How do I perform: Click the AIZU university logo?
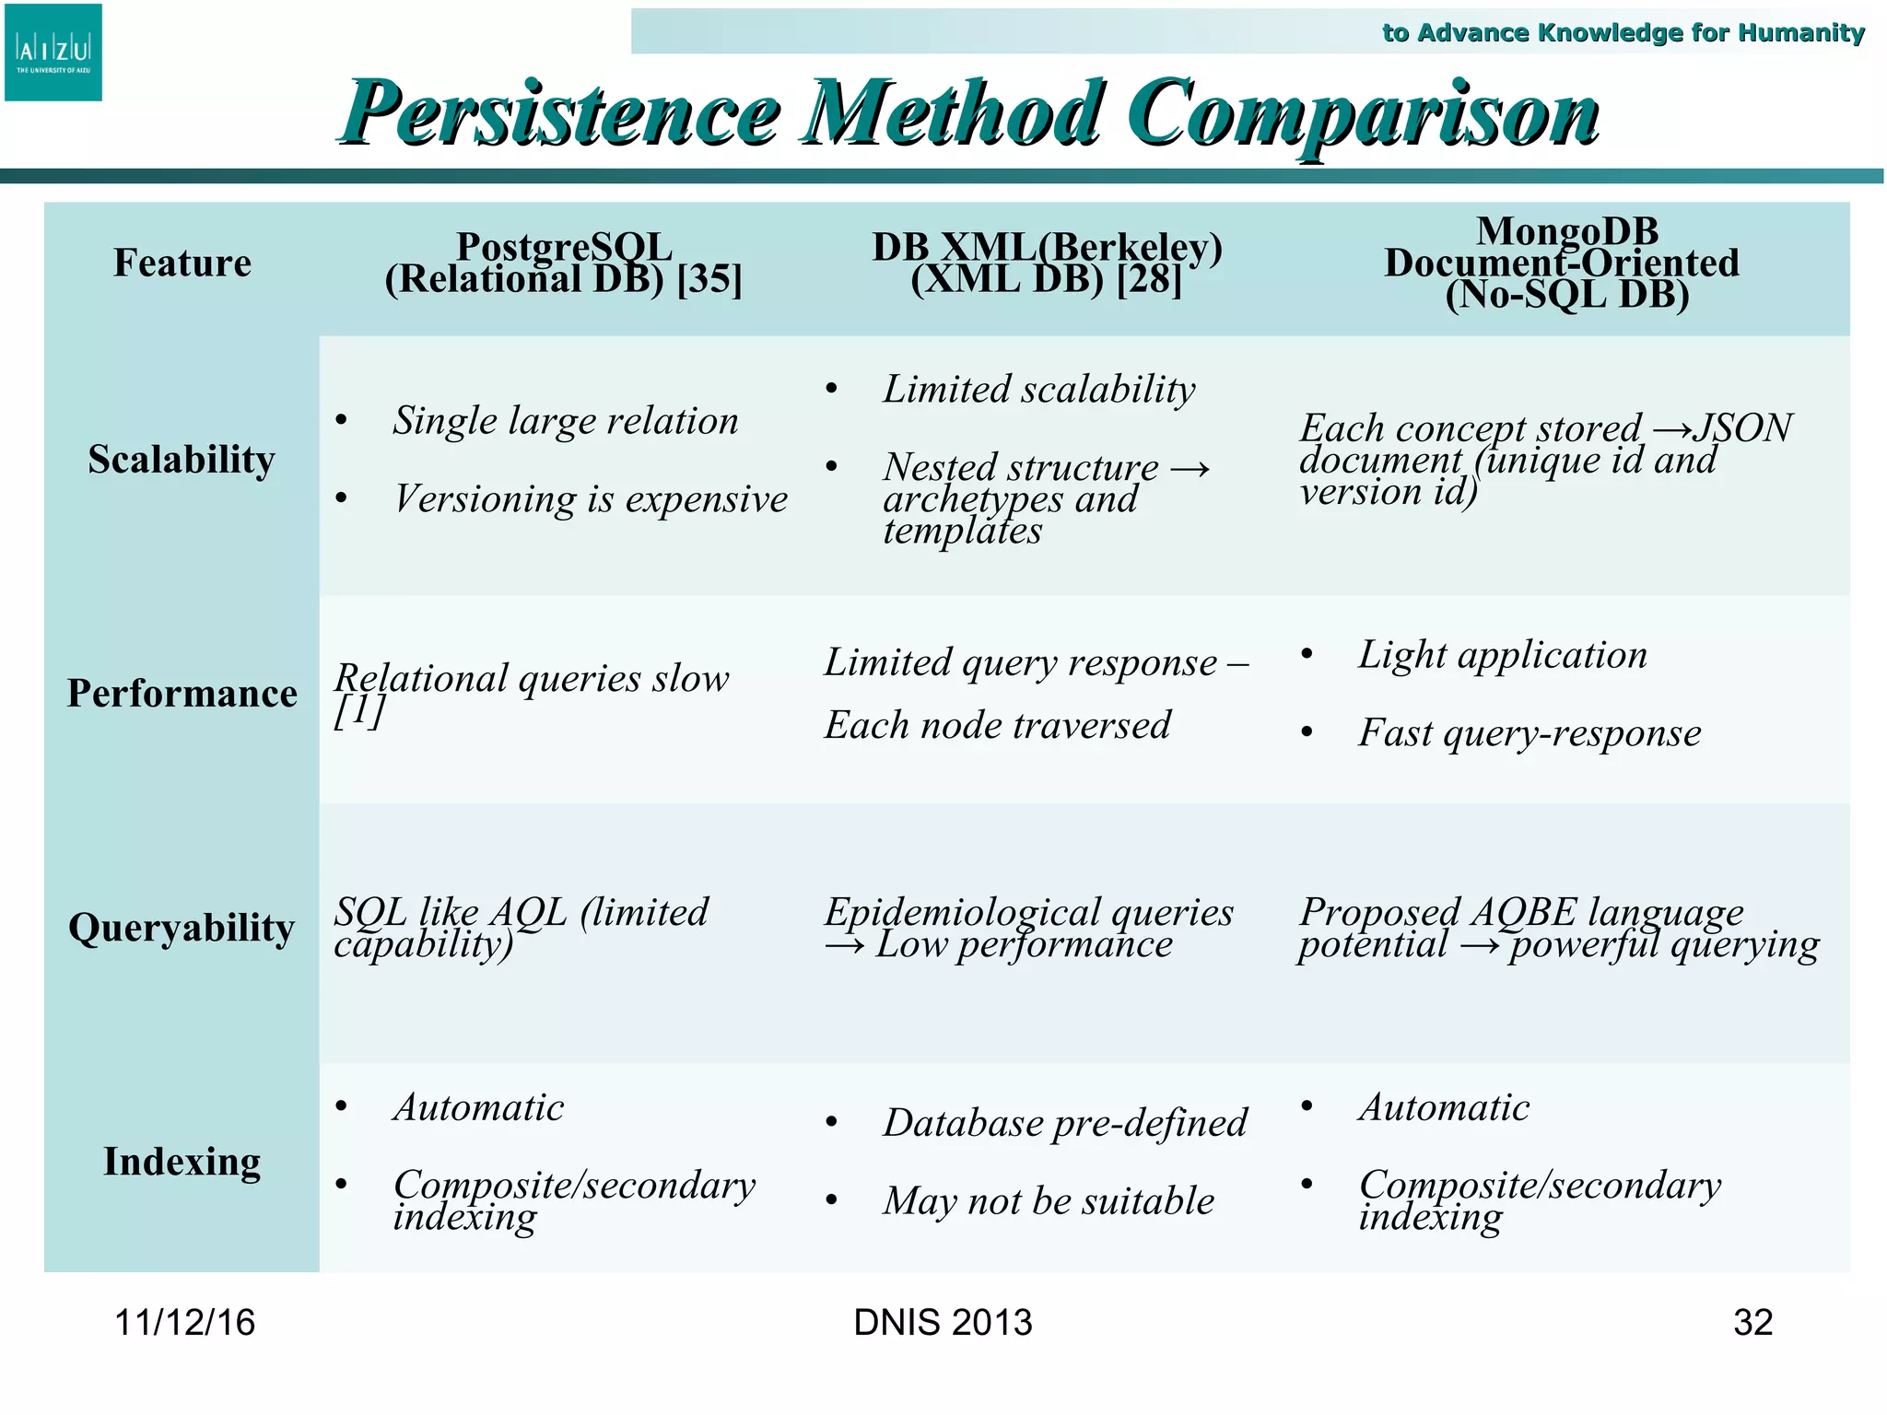click(53, 53)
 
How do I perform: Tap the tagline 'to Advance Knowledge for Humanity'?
click(1623, 33)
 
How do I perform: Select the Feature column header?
click(182, 263)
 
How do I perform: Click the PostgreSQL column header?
click(563, 263)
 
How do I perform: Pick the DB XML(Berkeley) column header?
click(1047, 263)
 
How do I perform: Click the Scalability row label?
click(182, 460)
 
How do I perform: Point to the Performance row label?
click(182, 694)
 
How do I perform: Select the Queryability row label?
click(182, 928)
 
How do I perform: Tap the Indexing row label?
click(182, 1162)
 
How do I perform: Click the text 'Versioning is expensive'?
click(591, 499)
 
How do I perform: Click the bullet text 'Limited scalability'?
click(1038, 390)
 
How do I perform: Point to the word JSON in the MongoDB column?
click(1743, 428)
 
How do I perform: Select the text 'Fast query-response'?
click(1530, 733)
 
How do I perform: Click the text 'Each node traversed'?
click(997, 725)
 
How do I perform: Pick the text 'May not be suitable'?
click(1049, 1201)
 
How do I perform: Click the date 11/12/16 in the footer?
click(184, 1323)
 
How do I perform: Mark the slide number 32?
click(1752, 1323)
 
